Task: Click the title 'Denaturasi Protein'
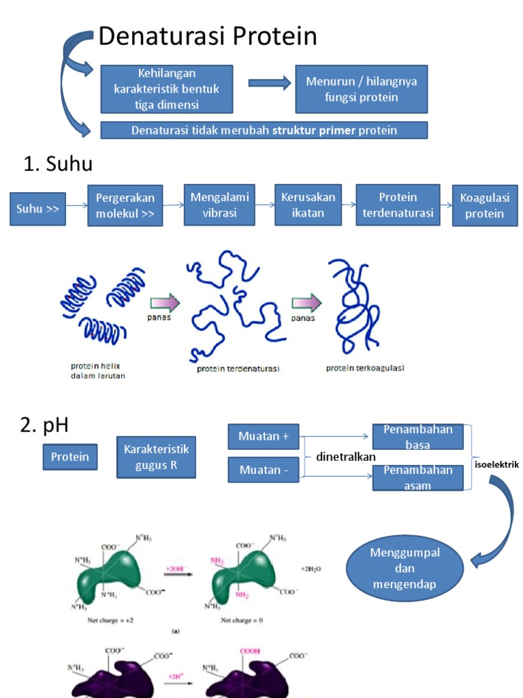click(208, 37)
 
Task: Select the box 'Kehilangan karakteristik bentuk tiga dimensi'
click(167, 89)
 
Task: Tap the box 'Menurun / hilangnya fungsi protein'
click(361, 89)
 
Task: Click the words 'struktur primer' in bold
click(314, 130)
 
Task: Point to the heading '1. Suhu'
click(58, 164)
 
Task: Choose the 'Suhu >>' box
click(38, 209)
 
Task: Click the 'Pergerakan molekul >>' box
click(125, 205)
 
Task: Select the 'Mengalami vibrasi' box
click(219, 204)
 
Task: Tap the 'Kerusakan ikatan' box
click(308, 204)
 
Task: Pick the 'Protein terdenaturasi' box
click(398, 204)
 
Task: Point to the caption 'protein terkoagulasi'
click(365, 369)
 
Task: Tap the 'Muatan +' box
click(263, 436)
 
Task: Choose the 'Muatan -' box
click(263, 470)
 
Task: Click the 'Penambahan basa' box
click(417, 437)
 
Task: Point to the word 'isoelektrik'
click(496, 464)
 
